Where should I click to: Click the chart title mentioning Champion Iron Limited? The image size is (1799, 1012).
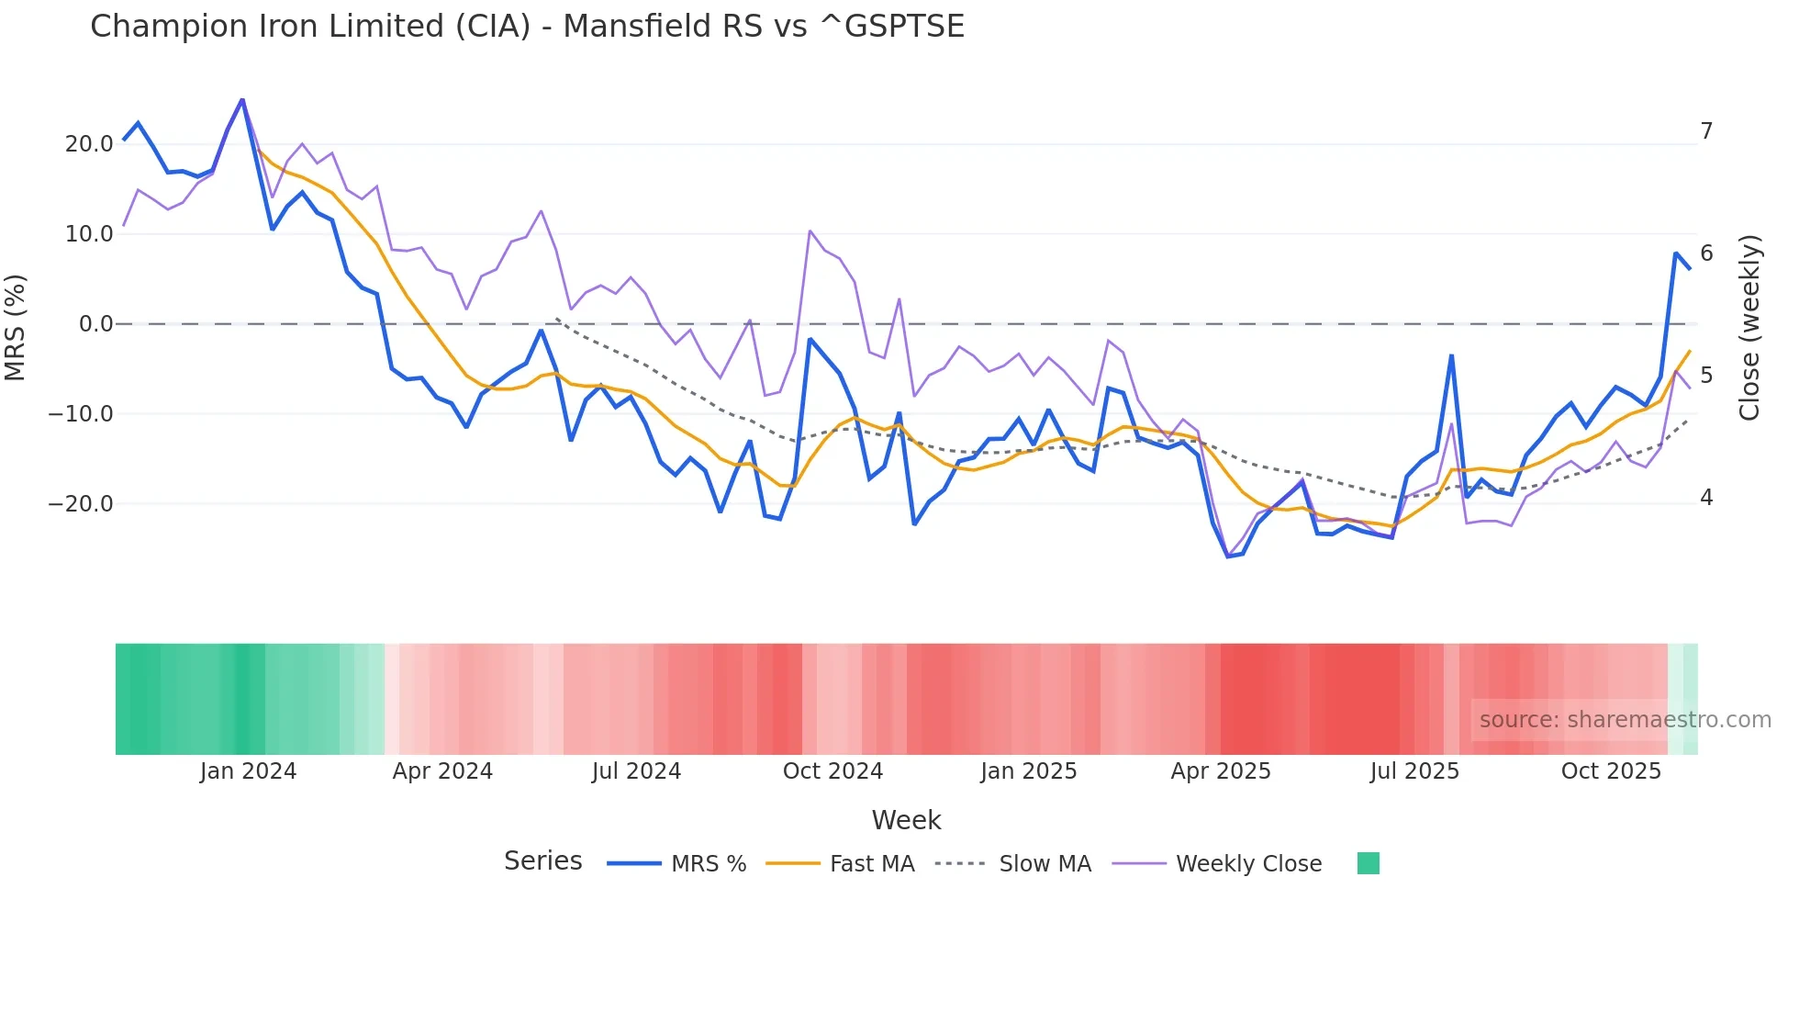pos(527,27)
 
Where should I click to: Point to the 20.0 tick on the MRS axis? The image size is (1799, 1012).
pos(89,144)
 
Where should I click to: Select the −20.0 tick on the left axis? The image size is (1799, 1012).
pos(81,504)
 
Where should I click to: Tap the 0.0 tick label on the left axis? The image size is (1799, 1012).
pos(95,324)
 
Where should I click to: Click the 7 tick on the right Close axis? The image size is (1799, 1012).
pos(1706,131)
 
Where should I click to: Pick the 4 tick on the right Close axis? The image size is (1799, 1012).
pos(1706,498)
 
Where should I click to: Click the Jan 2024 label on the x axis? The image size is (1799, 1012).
pos(248,771)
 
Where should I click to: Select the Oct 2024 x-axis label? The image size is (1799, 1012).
pos(832,771)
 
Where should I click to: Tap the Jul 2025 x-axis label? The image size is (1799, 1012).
pos(1414,771)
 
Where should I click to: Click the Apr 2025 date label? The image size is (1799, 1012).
pos(1221,771)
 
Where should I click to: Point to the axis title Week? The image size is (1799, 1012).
pos(906,820)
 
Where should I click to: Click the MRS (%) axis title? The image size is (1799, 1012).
pos(16,327)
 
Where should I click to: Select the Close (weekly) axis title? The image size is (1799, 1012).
pos(1749,328)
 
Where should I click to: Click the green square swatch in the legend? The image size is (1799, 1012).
pos(1368,863)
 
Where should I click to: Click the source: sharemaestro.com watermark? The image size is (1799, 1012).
pos(1625,720)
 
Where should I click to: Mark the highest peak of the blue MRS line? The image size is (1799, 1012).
pos(242,99)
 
